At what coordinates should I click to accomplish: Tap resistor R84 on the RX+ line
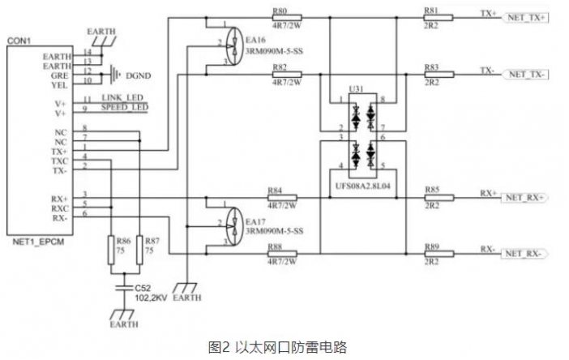click(x=283, y=197)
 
